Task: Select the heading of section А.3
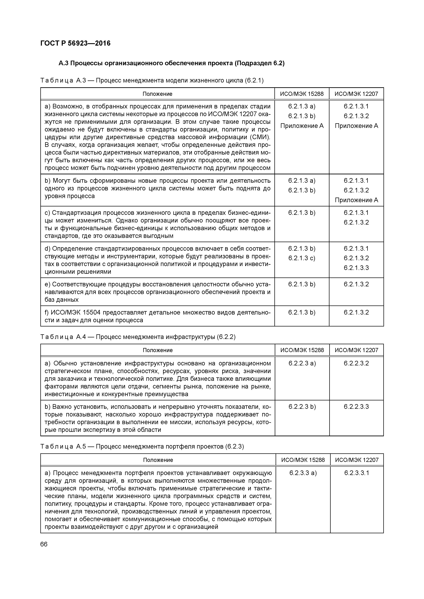pos(171,63)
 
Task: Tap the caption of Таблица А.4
pos(138,337)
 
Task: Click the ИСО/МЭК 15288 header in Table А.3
pos(302,94)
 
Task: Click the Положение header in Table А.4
pos(157,350)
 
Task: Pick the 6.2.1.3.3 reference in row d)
pos(356,268)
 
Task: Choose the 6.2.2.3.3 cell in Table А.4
pos(356,406)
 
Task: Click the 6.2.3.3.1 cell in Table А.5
pos(357,473)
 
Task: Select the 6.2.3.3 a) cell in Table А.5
pos(303,473)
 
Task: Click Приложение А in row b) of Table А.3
pos(356,200)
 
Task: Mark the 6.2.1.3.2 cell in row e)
pos(356,284)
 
